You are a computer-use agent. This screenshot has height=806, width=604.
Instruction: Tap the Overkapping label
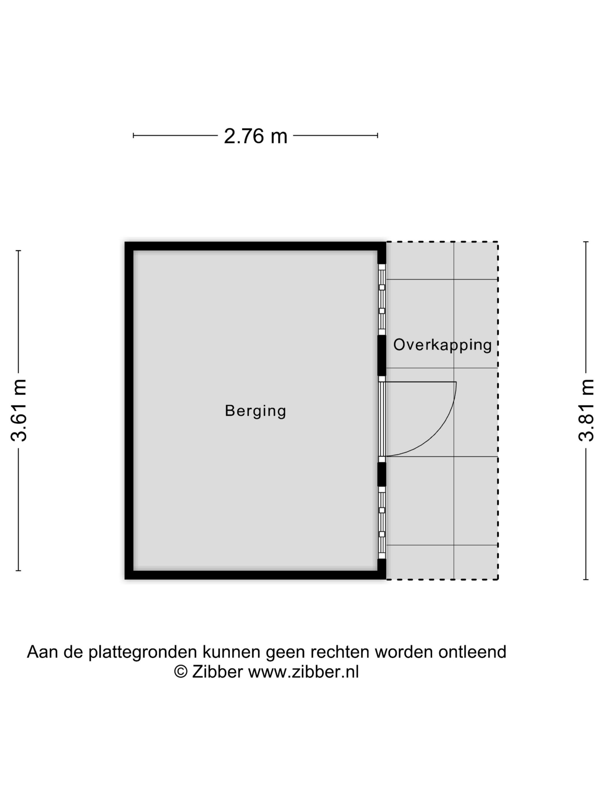(x=442, y=345)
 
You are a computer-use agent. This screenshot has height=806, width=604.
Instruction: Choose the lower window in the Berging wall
(x=382, y=522)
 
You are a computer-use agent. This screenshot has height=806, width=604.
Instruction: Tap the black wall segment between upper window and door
(x=382, y=355)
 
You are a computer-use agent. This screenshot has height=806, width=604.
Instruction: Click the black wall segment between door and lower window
(x=382, y=474)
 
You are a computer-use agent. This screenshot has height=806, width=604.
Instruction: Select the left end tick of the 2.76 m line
(x=134, y=136)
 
